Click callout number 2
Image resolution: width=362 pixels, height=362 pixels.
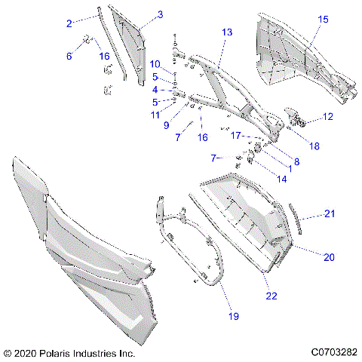(69, 24)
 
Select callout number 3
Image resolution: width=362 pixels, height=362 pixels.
(160, 14)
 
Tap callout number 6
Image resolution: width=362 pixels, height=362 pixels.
(69, 57)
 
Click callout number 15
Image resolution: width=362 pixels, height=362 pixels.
(324, 19)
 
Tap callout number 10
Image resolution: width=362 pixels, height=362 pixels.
(155, 63)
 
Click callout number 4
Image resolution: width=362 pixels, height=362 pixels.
(155, 90)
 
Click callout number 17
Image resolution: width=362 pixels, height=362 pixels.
(235, 136)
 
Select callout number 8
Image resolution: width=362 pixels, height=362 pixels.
(275, 161)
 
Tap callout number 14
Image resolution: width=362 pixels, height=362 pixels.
(261, 179)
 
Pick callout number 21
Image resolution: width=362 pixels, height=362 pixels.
(329, 213)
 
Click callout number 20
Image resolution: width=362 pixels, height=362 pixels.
(329, 257)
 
